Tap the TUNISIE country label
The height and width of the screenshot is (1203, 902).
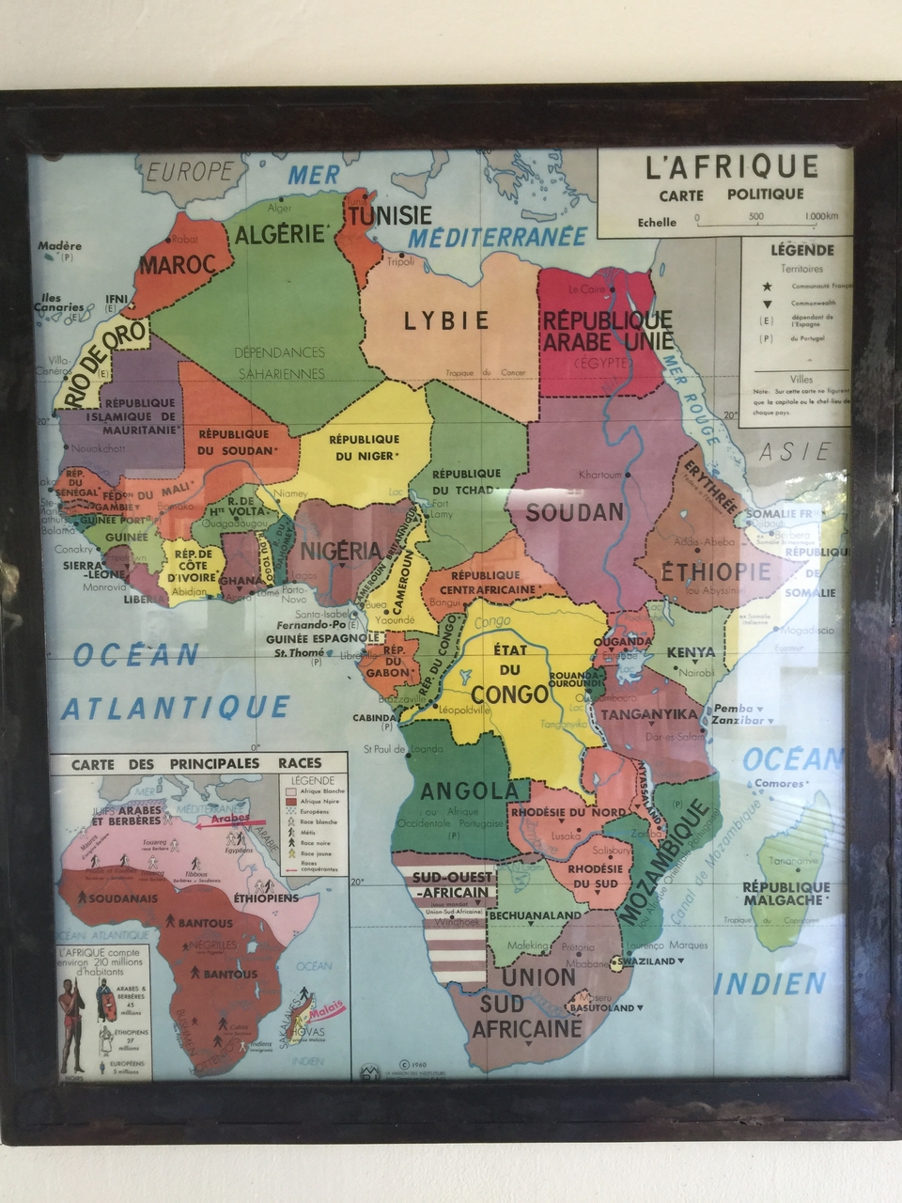(390, 215)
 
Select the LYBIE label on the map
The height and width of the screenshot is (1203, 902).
(447, 320)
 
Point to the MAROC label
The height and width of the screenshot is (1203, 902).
(178, 264)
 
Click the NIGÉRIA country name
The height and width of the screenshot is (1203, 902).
(339, 551)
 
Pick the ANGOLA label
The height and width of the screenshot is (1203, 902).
(469, 790)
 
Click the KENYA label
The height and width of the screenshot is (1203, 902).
(691, 652)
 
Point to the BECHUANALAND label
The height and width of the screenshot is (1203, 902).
(537, 914)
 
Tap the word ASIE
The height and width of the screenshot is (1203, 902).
(795, 451)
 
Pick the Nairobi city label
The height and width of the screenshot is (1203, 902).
(696, 673)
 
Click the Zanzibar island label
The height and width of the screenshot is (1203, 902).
(739, 720)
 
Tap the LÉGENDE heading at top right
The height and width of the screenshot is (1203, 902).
(801, 250)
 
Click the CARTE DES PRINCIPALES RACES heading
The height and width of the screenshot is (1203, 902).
(196, 763)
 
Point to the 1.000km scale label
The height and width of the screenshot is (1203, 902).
(821, 216)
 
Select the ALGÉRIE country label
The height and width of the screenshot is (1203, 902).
(279, 233)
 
